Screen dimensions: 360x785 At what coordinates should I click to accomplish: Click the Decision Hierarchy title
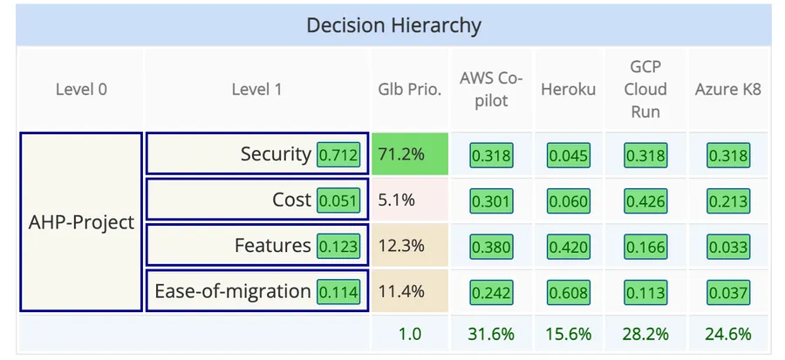tap(393, 25)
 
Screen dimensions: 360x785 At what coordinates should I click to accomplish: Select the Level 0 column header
tap(81, 89)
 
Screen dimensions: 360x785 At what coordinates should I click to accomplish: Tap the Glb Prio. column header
tap(409, 89)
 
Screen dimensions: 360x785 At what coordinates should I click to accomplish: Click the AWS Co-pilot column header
tap(491, 89)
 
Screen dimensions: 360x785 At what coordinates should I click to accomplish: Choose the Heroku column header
tap(568, 89)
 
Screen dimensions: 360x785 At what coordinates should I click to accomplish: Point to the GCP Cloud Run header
tap(646, 89)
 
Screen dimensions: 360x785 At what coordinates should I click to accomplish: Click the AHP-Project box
tap(81, 221)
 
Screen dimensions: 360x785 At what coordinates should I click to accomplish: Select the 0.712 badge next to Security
tap(338, 155)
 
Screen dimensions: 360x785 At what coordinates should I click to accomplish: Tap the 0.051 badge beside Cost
tap(338, 200)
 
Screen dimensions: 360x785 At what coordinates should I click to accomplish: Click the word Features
tap(272, 246)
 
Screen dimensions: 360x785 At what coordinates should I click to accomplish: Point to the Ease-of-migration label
tap(232, 291)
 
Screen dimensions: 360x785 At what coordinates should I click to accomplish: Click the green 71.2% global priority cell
tap(409, 155)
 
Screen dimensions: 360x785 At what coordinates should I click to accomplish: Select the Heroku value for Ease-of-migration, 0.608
tap(569, 291)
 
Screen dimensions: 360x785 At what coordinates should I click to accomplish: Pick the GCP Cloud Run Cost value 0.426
tap(645, 200)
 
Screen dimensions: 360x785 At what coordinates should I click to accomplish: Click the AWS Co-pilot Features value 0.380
tap(492, 246)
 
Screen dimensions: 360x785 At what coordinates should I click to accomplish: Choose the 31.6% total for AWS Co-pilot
tap(492, 334)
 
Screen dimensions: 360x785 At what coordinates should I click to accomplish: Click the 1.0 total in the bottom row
tap(410, 334)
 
